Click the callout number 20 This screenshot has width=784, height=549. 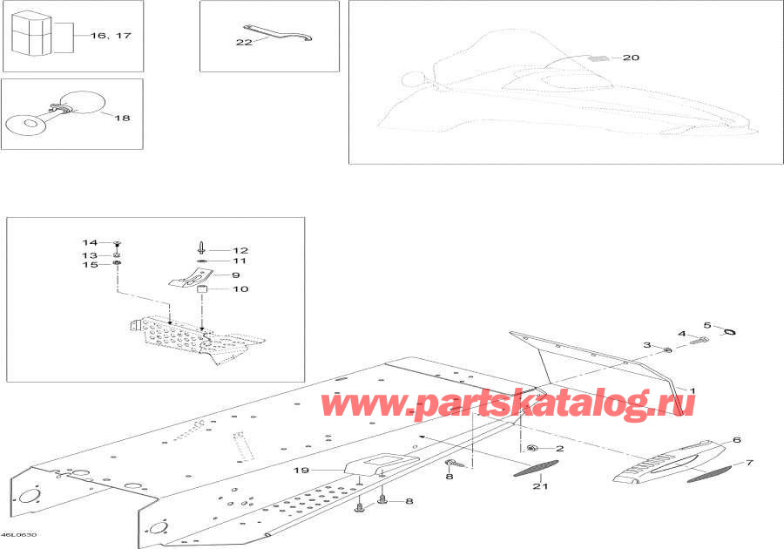(631, 58)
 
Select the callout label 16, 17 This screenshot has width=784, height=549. (111, 36)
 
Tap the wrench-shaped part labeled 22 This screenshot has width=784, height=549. (278, 33)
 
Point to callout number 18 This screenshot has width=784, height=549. (122, 118)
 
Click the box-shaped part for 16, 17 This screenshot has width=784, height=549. (31, 33)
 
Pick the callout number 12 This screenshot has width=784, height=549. (240, 250)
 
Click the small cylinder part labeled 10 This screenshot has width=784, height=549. (202, 289)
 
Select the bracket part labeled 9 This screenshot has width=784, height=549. (192, 277)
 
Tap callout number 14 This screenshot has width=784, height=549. (90, 242)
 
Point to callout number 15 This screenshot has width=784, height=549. (90, 265)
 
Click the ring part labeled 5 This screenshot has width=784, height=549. (729, 331)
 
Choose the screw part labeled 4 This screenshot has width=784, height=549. (699, 341)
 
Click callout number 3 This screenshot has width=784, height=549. (647, 345)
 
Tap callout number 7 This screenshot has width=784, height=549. (749, 463)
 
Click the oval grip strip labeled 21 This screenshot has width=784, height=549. (536, 468)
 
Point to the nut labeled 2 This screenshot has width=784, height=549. (532, 447)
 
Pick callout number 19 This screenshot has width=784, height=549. (301, 470)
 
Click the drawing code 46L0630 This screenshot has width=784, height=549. (18, 535)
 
